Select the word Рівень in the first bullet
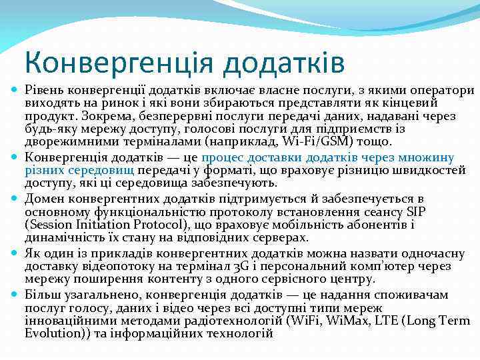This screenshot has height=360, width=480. (x=43, y=90)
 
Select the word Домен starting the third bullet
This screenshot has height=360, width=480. (x=43, y=199)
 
